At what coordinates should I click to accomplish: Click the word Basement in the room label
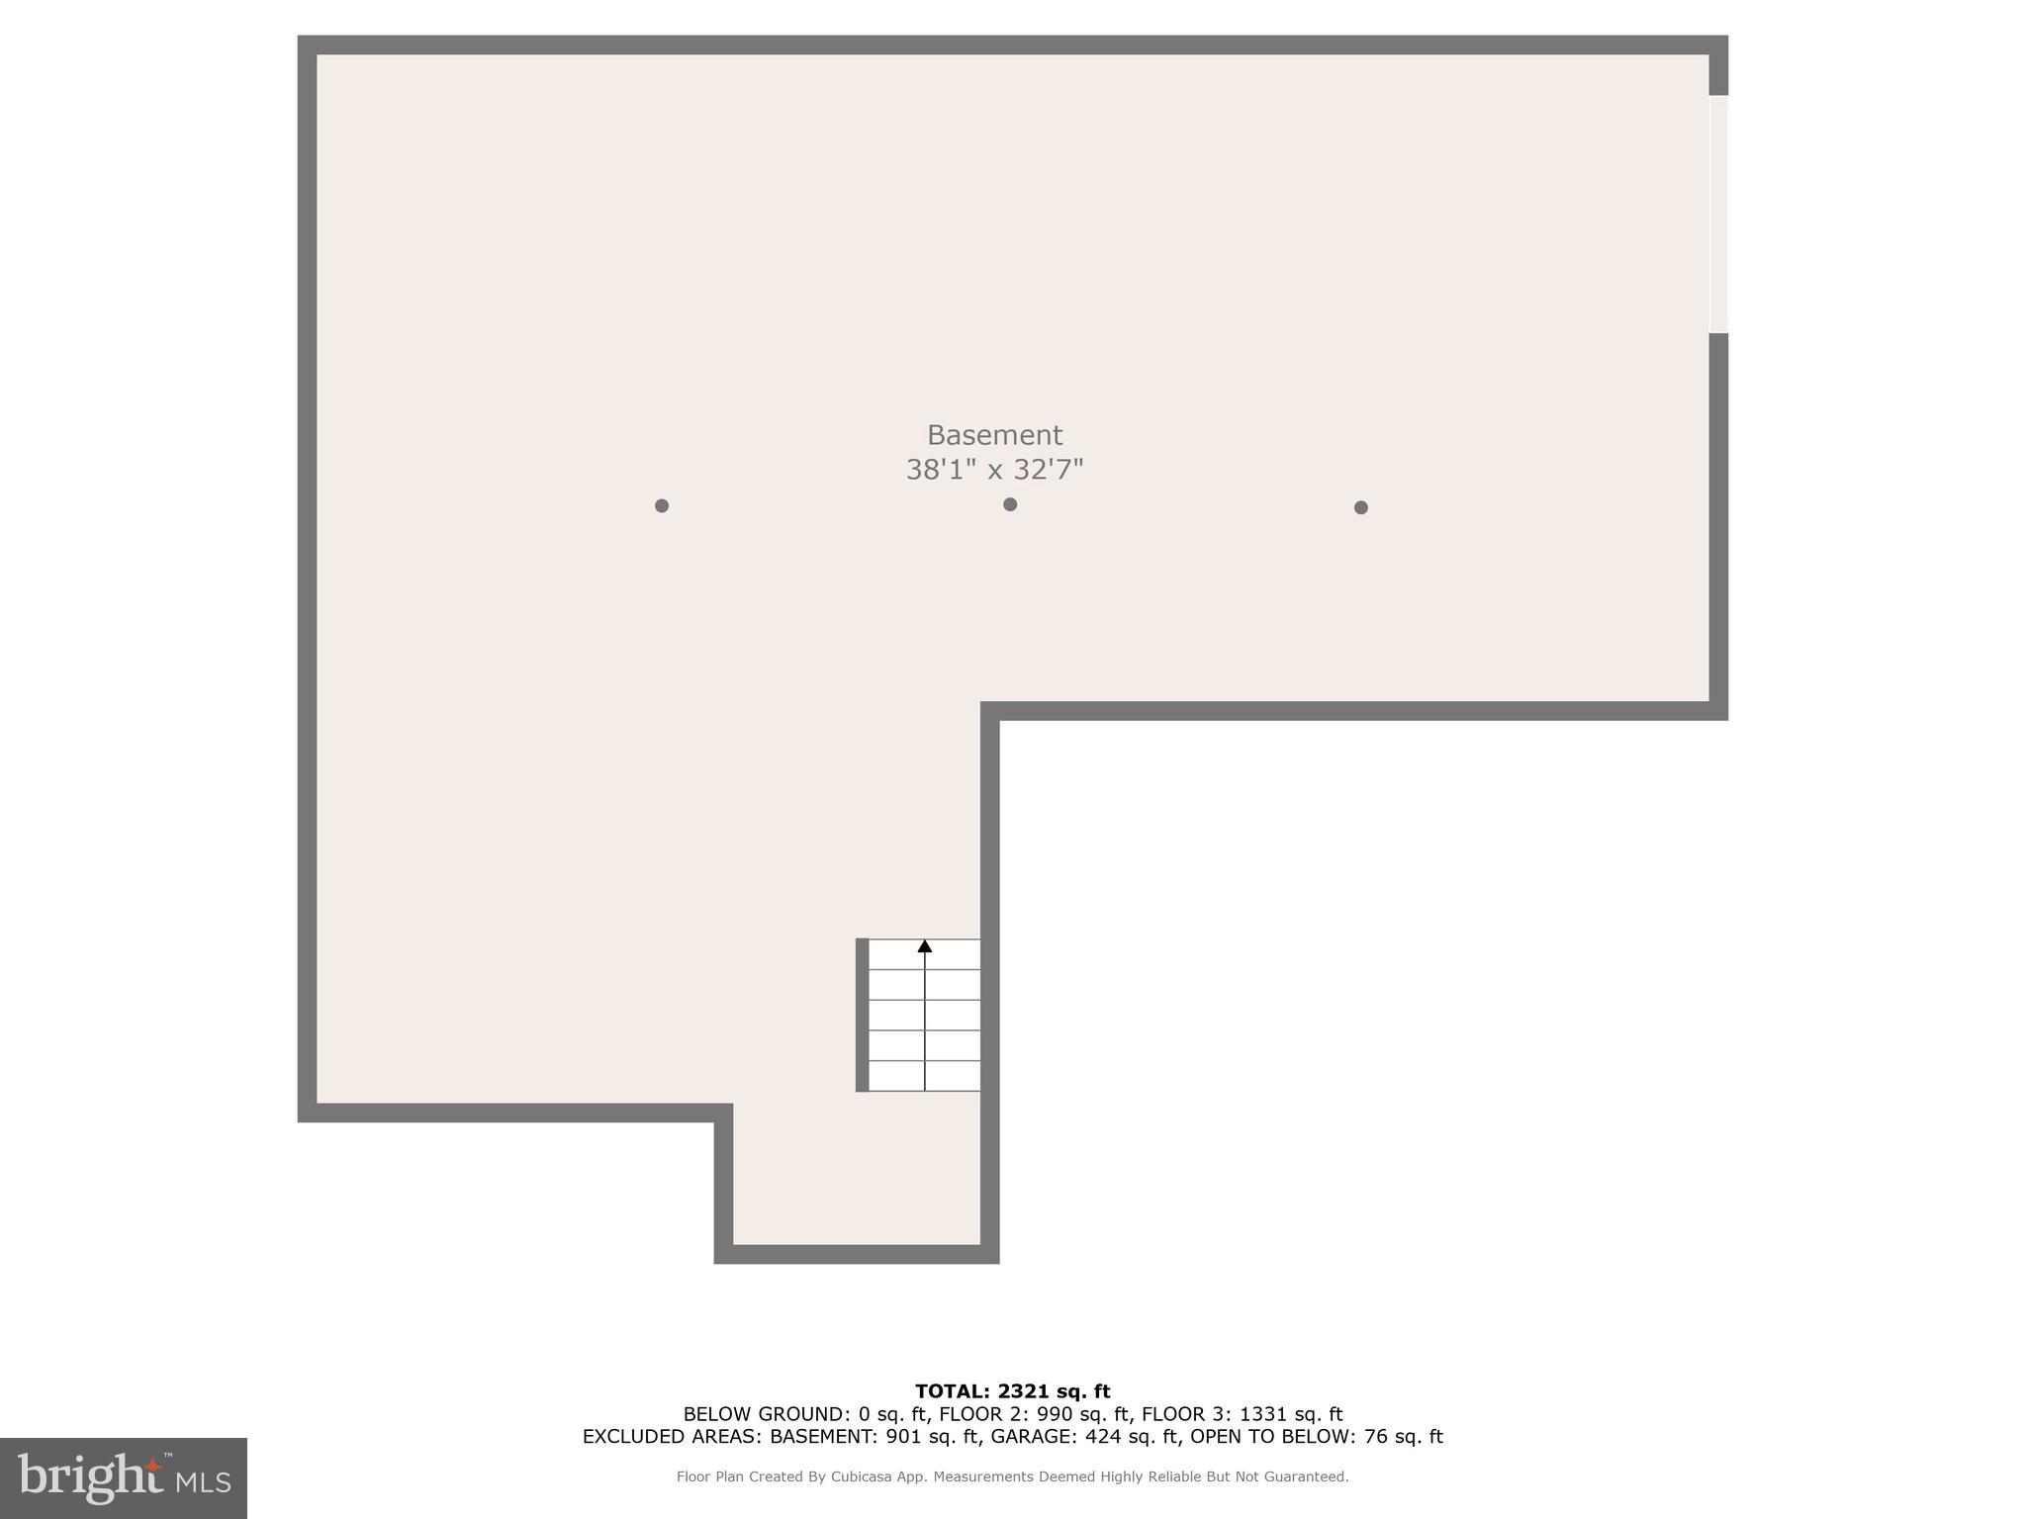(994, 435)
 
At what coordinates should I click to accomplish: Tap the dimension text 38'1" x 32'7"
(994, 470)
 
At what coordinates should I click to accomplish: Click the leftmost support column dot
(662, 505)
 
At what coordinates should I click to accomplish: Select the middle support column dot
(1010, 504)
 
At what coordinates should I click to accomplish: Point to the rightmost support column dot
(1361, 507)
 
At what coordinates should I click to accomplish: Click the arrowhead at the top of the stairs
(925, 946)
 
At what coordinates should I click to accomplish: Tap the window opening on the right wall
(1718, 214)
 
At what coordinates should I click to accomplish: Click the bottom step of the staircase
(924, 1076)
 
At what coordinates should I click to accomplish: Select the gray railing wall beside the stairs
(862, 1015)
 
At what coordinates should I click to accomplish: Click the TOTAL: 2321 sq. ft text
(1012, 1391)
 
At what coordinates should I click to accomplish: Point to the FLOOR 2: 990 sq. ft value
(1033, 1414)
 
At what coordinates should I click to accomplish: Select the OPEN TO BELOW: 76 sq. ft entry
(1316, 1437)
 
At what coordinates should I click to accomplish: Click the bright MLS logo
(124, 1478)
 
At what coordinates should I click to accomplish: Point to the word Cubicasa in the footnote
(857, 1476)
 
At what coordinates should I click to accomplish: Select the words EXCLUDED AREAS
(672, 1437)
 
